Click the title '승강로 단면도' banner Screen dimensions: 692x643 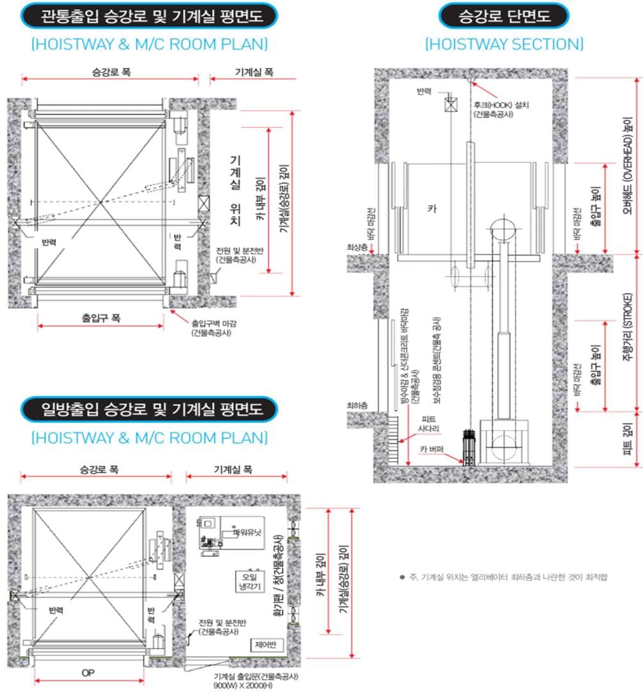pos(504,16)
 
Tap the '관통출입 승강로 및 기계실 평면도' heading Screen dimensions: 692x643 pos(149,16)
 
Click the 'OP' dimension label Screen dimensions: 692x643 pos(89,673)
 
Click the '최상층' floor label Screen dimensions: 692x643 pos(357,246)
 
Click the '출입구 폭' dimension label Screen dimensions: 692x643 pos(101,317)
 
